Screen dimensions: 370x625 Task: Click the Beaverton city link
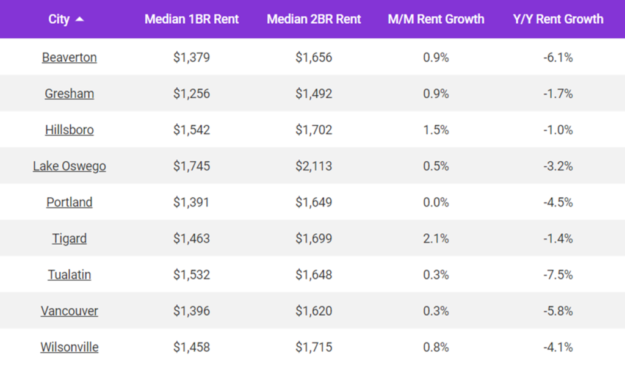pyautogui.click(x=69, y=57)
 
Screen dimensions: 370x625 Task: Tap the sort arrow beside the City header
pyautogui.click(x=79, y=20)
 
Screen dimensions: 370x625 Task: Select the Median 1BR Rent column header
pyautogui.click(x=191, y=19)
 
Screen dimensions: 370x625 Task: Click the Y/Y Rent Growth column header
pyautogui.click(x=558, y=19)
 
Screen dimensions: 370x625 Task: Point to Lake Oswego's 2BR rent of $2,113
pyautogui.click(x=314, y=166)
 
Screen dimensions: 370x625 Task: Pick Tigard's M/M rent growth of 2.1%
pyautogui.click(x=436, y=238)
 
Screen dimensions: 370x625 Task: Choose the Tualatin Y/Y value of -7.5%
pyautogui.click(x=558, y=275)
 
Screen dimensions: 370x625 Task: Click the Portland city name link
pyautogui.click(x=69, y=202)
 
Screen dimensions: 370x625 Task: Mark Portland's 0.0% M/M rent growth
pyautogui.click(x=436, y=202)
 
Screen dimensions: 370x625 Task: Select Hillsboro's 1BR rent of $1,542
pyautogui.click(x=191, y=130)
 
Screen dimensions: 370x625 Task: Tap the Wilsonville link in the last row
pyautogui.click(x=69, y=347)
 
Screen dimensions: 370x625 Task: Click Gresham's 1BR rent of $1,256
pyautogui.click(x=191, y=93)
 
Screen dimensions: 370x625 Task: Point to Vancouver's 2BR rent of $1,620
pyautogui.click(x=314, y=311)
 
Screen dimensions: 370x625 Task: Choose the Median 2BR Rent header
pyautogui.click(x=314, y=19)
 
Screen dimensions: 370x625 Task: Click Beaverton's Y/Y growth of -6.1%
pyautogui.click(x=558, y=57)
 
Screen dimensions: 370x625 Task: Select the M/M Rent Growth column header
pyautogui.click(x=436, y=19)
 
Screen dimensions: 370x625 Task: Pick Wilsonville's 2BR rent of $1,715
pyautogui.click(x=314, y=347)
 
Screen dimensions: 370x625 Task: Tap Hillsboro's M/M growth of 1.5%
pyautogui.click(x=436, y=130)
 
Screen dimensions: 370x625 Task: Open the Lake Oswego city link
pyautogui.click(x=69, y=166)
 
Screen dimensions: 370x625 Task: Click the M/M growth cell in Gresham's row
pyautogui.click(x=436, y=93)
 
